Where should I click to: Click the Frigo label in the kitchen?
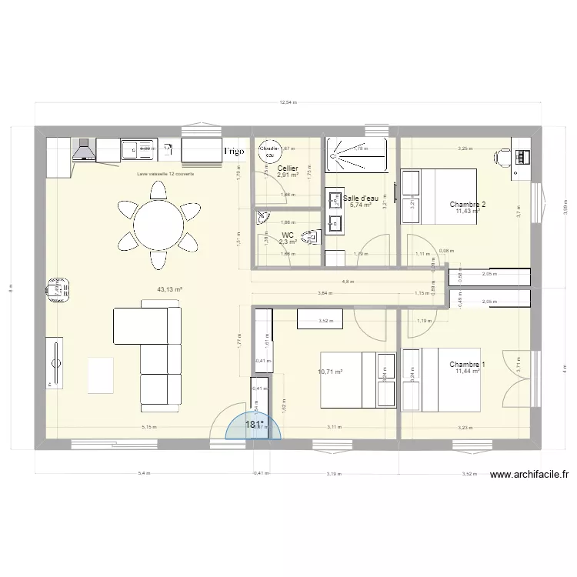(235, 152)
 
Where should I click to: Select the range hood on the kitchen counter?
(83, 150)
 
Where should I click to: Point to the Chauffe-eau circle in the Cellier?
(269, 151)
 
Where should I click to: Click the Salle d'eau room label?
(362, 198)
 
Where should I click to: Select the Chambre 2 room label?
(468, 205)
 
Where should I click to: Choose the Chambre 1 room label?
(468, 364)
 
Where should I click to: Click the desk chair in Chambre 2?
(500, 156)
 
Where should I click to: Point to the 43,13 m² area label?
(169, 290)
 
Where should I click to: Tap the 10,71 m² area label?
(330, 372)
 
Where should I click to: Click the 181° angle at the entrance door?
(255, 424)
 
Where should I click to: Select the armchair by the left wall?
(55, 288)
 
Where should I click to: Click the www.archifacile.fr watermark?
(533, 477)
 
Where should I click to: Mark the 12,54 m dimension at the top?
(288, 102)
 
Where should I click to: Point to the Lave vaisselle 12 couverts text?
(165, 175)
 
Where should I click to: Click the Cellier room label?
(288, 168)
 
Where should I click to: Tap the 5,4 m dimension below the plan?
(143, 475)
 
